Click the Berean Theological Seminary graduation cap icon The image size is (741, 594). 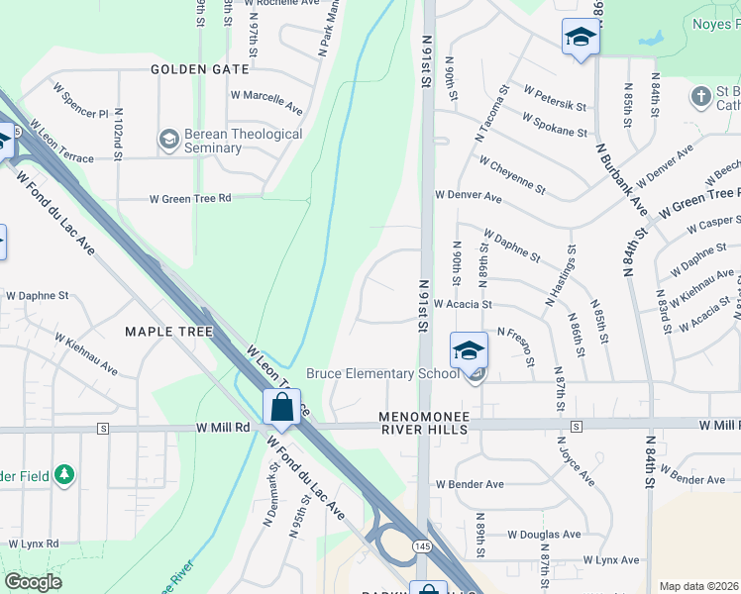tap(167, 139)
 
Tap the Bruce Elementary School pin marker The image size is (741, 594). tap(469, 351)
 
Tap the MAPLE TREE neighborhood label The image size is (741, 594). tap(169, 332)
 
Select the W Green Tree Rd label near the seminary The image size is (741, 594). tap(190, 199)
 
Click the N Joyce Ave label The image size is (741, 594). tap(576, 461)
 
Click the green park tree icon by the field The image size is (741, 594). tap(65, 475)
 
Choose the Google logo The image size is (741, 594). tap(34, 582)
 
